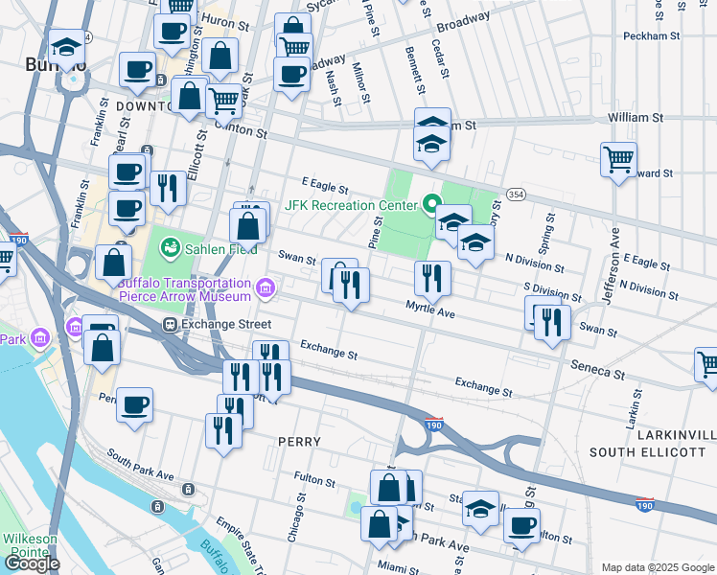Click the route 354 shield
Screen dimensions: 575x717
click(516, 194)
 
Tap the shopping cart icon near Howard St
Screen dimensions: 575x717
click(618, 159)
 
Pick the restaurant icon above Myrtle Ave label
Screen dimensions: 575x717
click(432, 279)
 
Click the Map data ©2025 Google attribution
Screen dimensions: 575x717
click(657, 567)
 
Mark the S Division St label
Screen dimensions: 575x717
click(553, 290)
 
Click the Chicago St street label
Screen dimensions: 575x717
click(296, 518)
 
